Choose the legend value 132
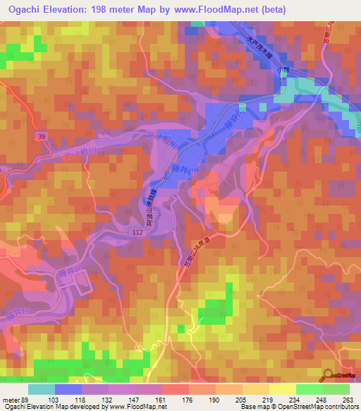click(109, 399)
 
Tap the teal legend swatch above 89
click(41, 389)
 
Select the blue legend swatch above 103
click(68, 389)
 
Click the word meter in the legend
click(11, 399)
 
